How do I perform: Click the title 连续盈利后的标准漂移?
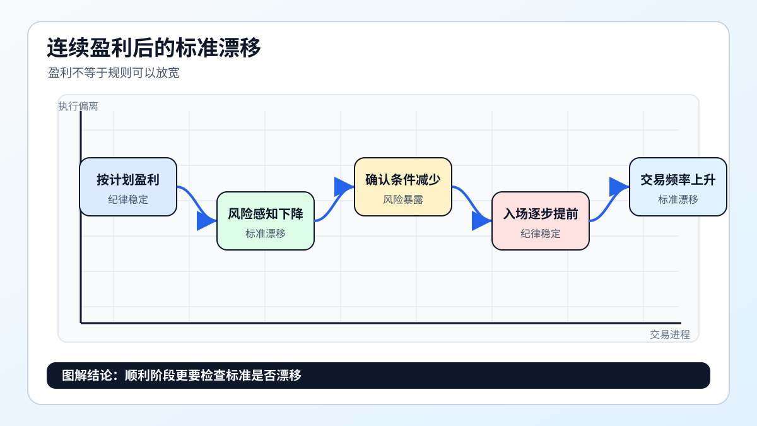pos(154,48)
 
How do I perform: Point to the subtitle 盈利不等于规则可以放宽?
pos(114,73)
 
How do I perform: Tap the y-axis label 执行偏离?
pos(78,106)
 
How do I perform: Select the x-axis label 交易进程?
pos(670,334)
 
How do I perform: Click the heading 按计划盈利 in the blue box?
pos(127,180)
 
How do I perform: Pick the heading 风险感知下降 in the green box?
pos(266,214)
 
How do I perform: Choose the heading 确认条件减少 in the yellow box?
pos(403,180)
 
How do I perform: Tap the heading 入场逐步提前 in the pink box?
pos(541,214)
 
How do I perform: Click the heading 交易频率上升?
pos(678,180)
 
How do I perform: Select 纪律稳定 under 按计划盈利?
pos(127,199)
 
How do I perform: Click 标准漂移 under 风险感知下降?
pos(266,234)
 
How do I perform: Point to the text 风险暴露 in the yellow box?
pos(403,199)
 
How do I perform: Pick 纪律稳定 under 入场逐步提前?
pos(541,234)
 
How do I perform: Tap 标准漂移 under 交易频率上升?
pos(678,199)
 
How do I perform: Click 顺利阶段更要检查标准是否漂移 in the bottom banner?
pos(213,376)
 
